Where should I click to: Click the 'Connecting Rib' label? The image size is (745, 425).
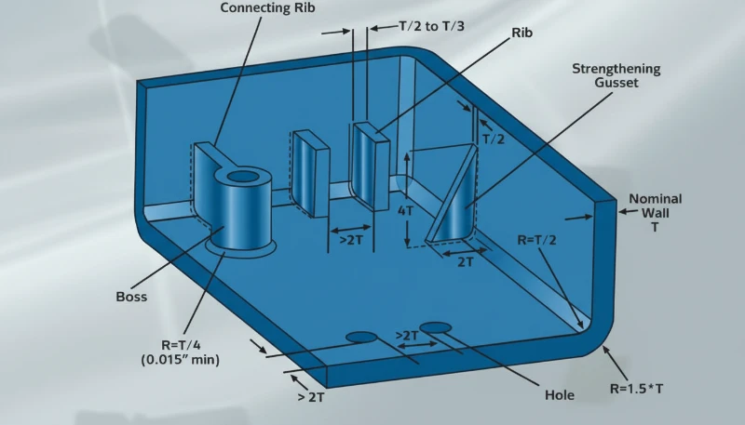(x=260, y=8)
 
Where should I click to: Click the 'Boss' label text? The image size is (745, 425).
(x=130, y=298)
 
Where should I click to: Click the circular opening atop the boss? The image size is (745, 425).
(x=244, y=176)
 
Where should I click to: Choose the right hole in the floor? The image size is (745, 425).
(x=435, y=326)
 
